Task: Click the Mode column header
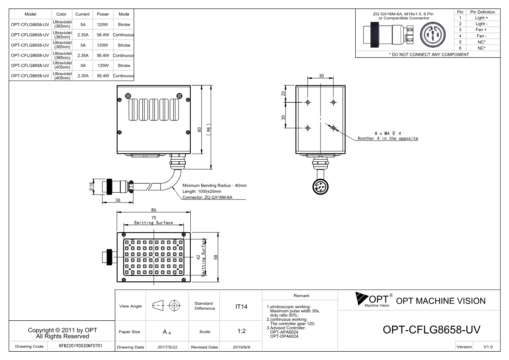124,14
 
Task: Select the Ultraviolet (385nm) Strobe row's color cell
62,45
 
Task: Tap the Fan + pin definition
481,30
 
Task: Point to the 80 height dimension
199,130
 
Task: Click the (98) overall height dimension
208,130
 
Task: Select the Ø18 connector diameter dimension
91,187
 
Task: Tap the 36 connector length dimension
118,200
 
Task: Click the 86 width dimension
154,210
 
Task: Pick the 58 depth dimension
216,257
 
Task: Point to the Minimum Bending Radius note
214,185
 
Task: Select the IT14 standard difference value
241,307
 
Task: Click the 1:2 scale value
241,331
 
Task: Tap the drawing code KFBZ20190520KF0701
80,346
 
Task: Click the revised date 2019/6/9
241,347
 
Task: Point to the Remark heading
302,296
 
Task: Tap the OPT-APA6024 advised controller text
284,332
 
